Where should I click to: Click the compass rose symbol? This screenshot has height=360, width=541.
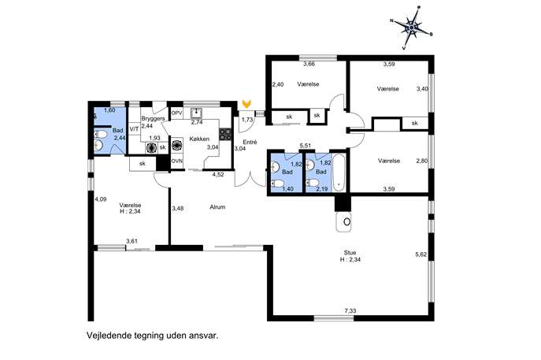412,28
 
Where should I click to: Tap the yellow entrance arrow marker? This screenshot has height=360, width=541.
246,103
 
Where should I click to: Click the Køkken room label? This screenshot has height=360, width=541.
199,139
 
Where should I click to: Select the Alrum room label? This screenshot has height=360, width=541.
217,207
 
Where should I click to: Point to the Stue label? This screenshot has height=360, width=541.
350,253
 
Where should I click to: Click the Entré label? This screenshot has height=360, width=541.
250,143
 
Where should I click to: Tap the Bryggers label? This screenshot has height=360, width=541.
153,118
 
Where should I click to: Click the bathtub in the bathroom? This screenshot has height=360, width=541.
339,173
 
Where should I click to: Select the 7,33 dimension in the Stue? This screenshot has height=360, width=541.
350,310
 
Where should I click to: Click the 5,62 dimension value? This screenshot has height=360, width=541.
421,254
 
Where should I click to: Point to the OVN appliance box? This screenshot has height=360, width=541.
177,161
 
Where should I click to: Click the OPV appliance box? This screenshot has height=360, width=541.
176,113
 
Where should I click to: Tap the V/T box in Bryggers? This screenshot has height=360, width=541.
134,128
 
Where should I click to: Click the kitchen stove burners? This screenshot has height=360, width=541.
225,134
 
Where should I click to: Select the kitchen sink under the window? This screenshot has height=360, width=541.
197,113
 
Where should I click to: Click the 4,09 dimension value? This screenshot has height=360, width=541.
101,199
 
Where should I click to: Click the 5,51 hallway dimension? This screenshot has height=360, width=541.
306,146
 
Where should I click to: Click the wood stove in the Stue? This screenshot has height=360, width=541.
344,221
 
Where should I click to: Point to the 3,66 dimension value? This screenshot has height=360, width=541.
309,64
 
